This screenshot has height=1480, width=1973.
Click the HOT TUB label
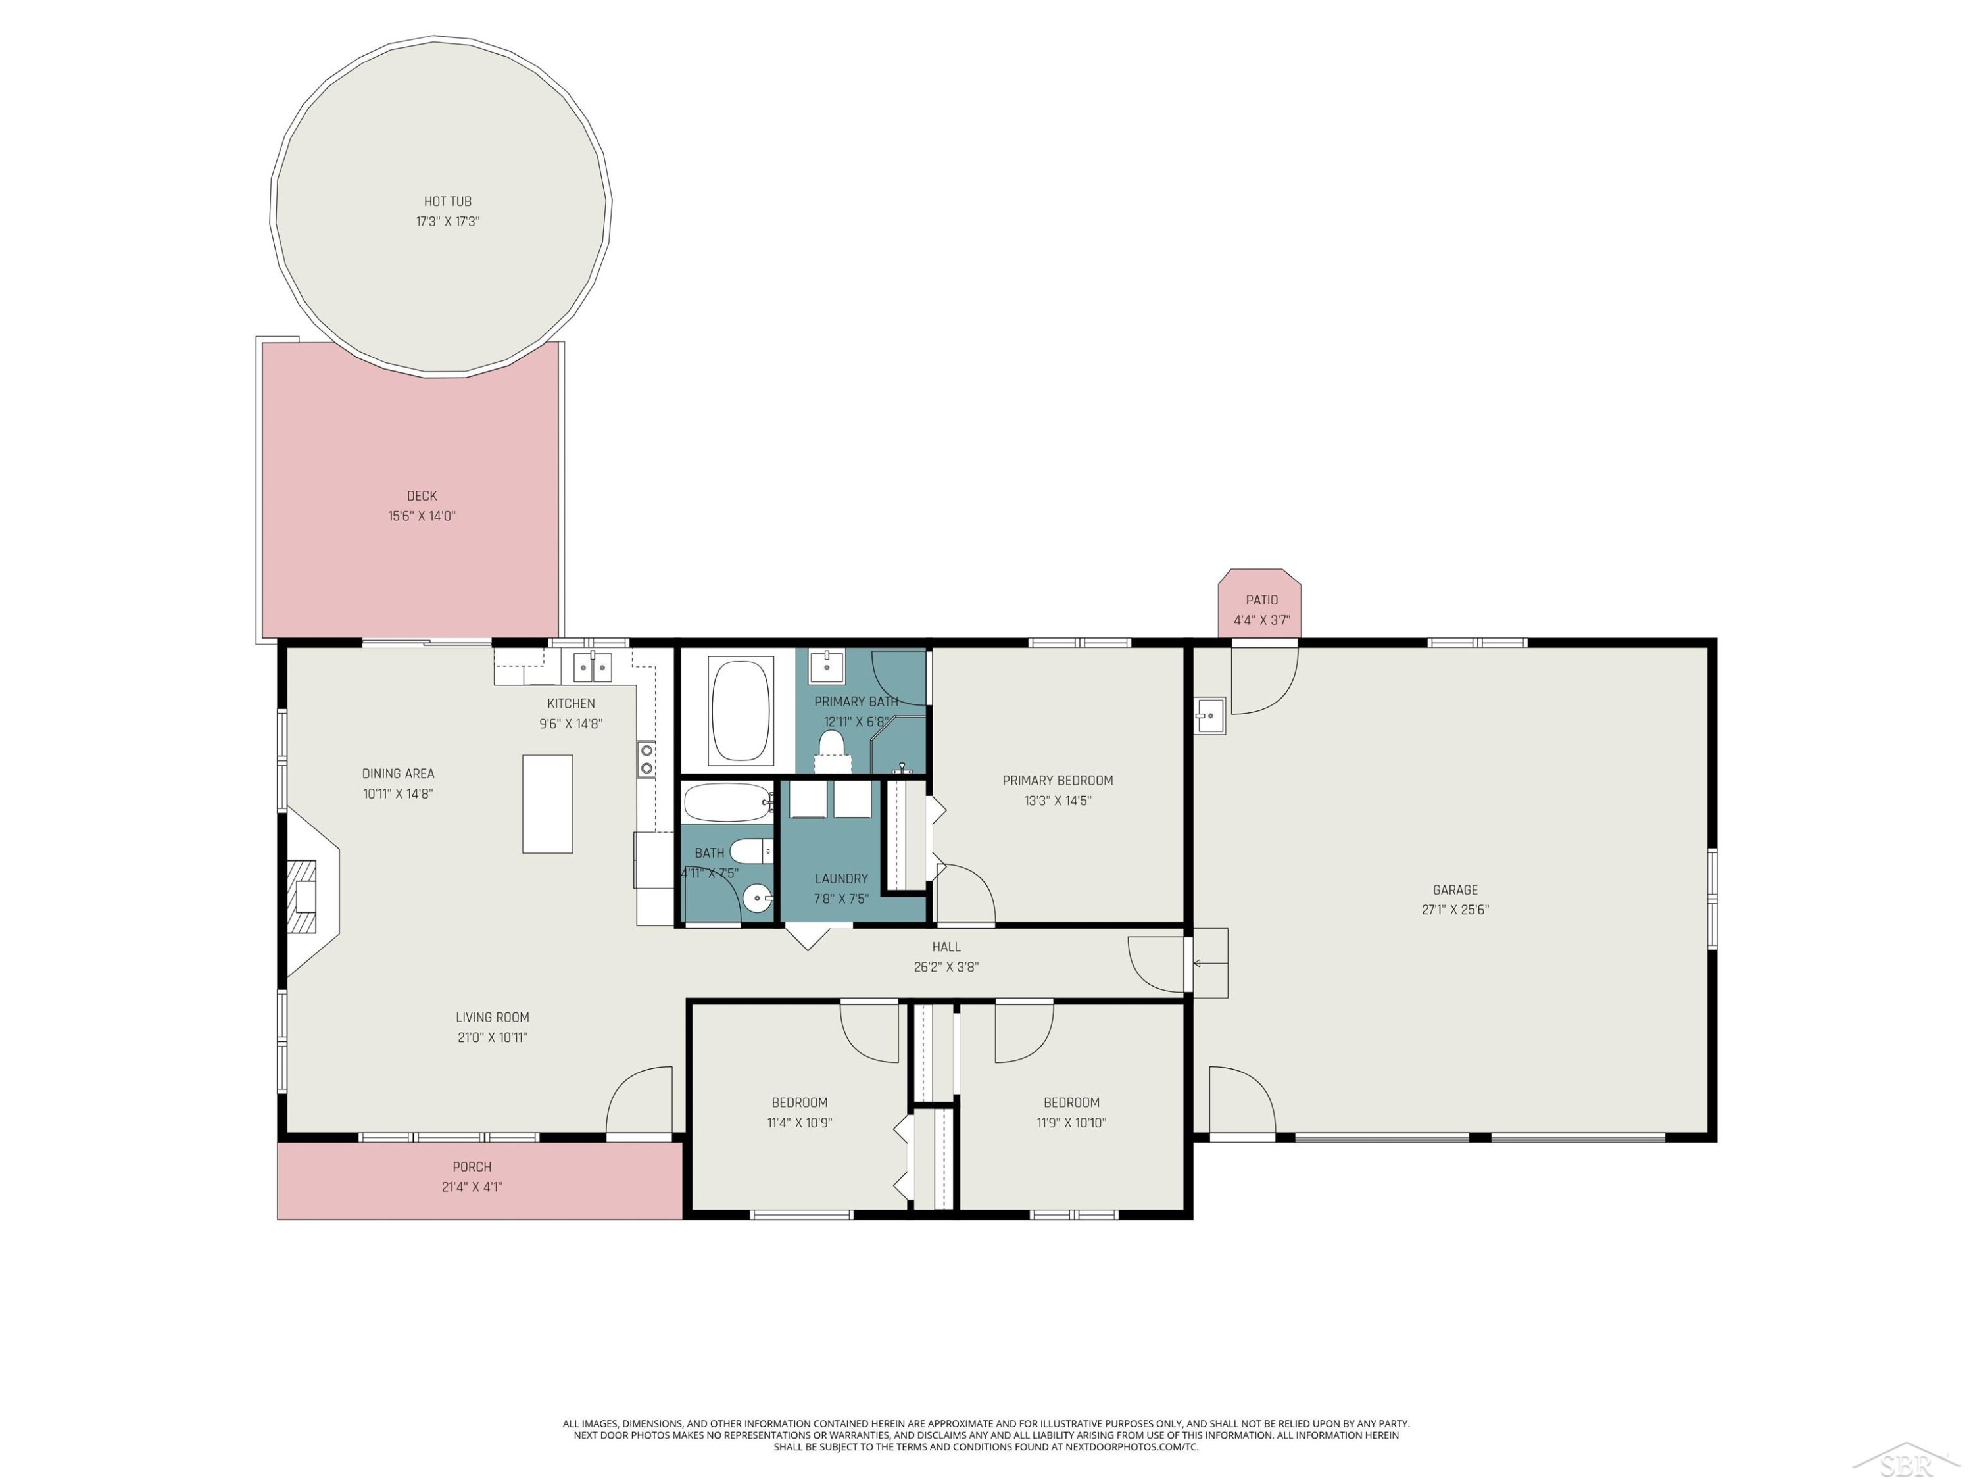(448, 202)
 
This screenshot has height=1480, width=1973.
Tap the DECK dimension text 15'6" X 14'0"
(422, 516)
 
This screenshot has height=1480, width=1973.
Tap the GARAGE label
(1455, 889)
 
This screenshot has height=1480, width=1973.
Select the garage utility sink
(1209, 716)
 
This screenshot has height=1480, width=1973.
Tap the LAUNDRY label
(841, 879)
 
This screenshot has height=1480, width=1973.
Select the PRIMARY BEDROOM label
(1058, 781)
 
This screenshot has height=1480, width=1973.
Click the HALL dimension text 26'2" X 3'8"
(946, 967)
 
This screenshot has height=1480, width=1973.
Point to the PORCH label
(472, 1167)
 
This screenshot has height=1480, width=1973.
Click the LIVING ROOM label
(493, 1017)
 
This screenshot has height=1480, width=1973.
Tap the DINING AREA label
(398, 774)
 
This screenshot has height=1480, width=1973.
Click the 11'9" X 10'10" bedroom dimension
(1071, 1123)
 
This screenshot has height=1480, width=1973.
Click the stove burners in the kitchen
(646, 759)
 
